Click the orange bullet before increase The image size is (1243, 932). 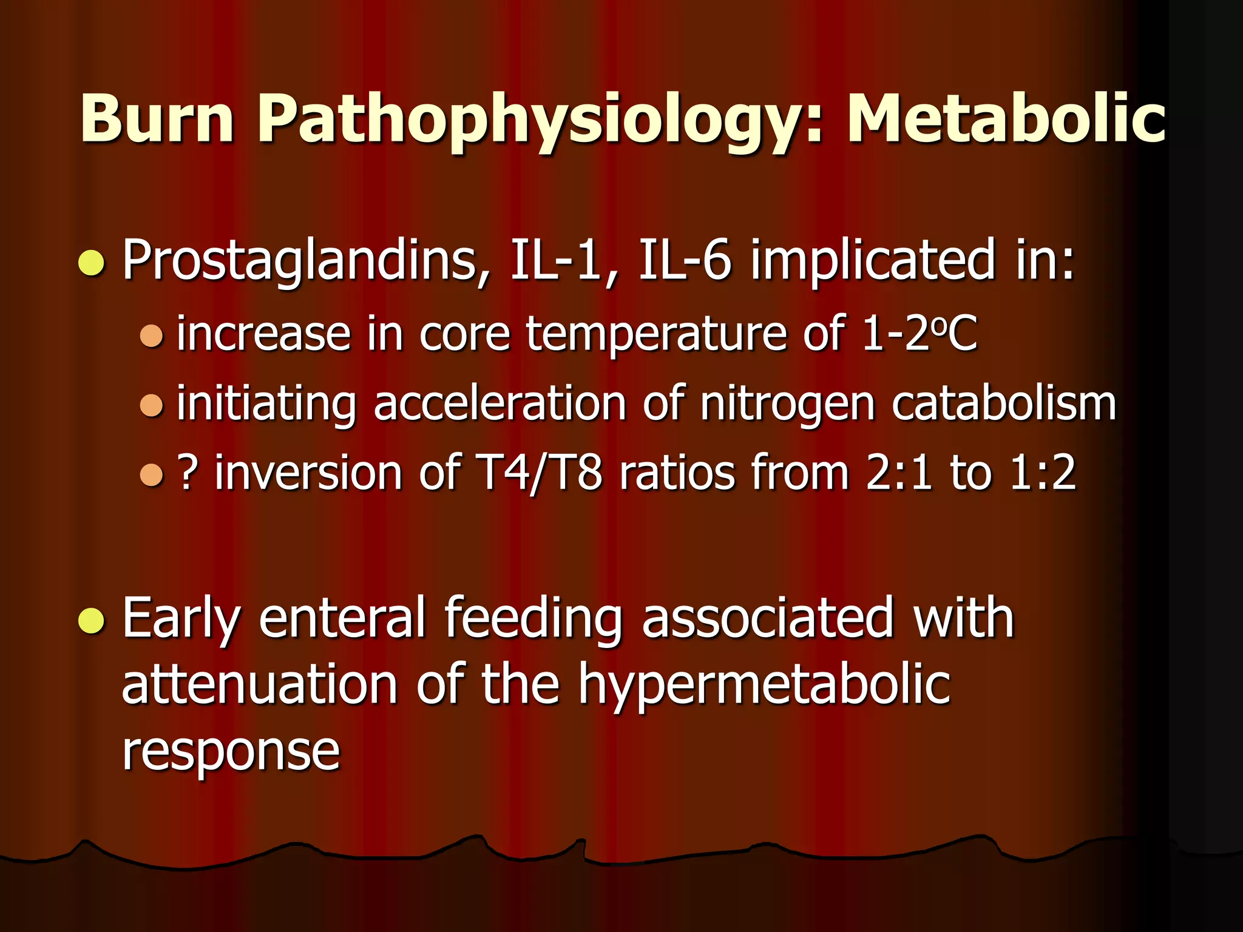click(151, 336)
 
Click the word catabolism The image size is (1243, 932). click(1004, 403)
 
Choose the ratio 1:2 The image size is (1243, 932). click(1043, 473)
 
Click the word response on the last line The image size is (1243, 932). click(231, 751)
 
